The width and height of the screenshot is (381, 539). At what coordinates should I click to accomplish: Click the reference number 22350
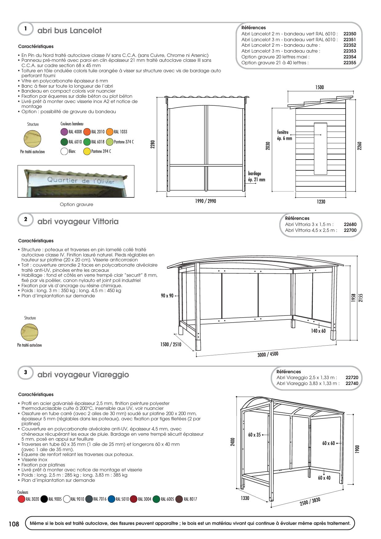[x=350, y=34]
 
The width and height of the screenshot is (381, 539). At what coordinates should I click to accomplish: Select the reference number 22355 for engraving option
[x=350, y=63]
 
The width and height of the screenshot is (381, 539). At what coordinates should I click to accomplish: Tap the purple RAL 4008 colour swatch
[x=64, y=132]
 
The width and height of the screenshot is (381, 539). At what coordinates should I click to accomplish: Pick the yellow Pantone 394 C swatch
[x=87, y=152]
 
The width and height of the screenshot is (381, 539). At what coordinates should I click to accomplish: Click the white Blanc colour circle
[x=64, y=152]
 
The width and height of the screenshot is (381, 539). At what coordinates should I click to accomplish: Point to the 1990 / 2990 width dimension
[x=205, y=201]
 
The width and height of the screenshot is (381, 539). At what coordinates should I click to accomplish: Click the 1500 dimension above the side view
[x=319, y=87]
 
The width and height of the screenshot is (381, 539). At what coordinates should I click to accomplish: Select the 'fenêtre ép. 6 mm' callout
[x=284, y=135]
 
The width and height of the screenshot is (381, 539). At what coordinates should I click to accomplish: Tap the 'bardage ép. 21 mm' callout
[x=256, y=177]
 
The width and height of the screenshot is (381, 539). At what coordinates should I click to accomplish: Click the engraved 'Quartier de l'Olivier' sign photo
[x=76, y=181]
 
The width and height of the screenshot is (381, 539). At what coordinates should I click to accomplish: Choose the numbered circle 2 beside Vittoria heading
[x=26, y=219]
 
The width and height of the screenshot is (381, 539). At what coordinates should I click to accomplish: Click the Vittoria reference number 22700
[x=350, y=230]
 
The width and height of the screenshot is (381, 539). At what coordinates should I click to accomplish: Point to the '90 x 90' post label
[x=167, y=296]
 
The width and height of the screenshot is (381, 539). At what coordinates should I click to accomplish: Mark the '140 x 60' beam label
[x=318, y=331]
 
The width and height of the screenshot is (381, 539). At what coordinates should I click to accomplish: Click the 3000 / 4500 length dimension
[x=268, y=355]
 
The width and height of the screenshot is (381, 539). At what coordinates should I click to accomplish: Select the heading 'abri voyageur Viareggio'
[x=83, y=375]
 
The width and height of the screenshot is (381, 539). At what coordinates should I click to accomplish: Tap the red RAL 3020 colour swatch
[x=22, y=499]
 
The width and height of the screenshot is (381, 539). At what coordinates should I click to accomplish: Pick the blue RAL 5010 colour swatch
[x=112, y=499]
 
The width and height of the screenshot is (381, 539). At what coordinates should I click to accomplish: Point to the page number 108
[x=14, y=524]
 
